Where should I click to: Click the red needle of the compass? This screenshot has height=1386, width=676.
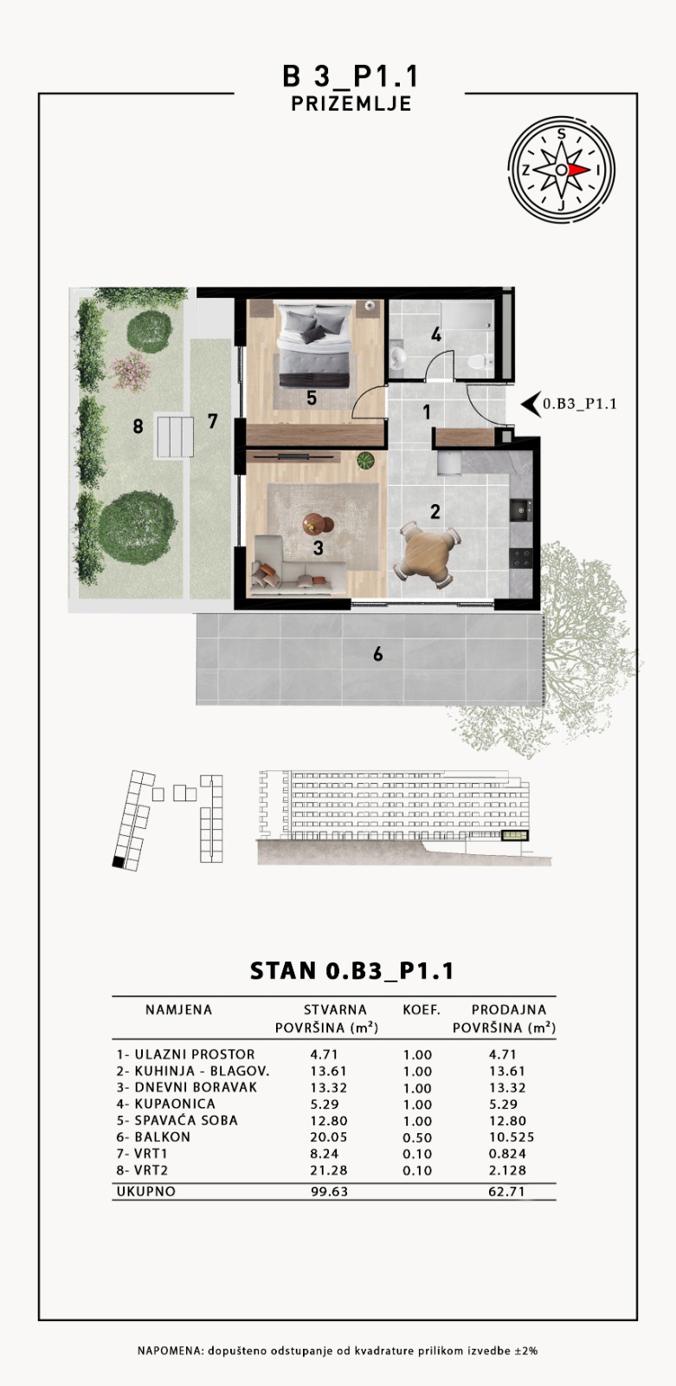pyautogui.click(x=580, y=170)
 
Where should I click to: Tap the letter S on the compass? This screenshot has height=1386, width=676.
pyautogui.click(x=561, y=134)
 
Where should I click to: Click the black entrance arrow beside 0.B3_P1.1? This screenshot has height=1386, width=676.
pyautogui.click(x=531, y=404)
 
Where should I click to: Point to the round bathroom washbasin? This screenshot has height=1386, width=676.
pyautogui.click(x=397, y=357)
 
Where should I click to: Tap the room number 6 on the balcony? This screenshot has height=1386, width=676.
pyautogui.click(x=377, y=654)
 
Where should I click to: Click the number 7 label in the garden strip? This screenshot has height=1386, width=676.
pyautogui.click(x=212, y=421)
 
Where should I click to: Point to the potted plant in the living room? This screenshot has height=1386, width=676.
pyautogui.click(x=365, y=460)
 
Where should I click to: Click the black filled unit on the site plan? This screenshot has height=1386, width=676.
pyautogui.click(x=118, y=863)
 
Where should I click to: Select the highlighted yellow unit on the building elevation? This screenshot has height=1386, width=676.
pyautogui.click(x=515, y=836)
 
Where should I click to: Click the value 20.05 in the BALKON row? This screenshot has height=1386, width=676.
pyautogui.click(x=328, y=1137)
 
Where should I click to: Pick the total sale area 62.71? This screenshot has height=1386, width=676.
pyautogui.click(x=506, y=1191)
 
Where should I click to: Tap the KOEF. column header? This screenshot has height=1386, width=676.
pyautogui.click(x=422, y=1010)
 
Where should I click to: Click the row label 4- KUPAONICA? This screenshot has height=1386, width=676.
pyautogui.click(x=165, y=1104)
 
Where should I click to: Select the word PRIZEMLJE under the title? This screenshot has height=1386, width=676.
pyautogui.click(x=351, y=103)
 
